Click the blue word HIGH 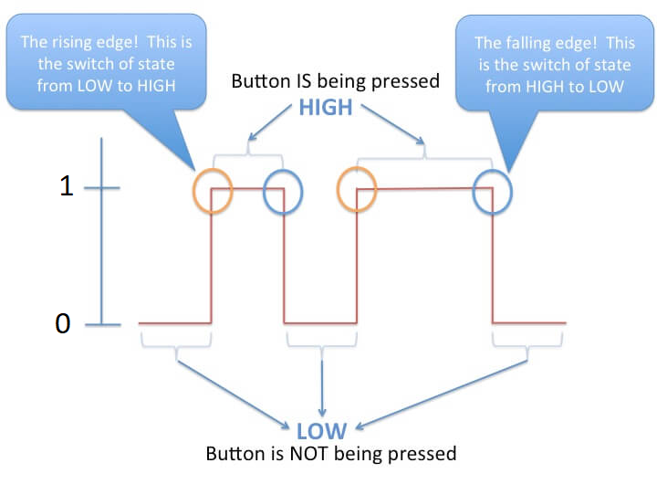[325, 107]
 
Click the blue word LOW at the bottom [320, 430]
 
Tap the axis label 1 [65, 187]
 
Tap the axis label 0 [62, 323]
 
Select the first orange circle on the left [213, 191]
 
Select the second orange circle [357, 191]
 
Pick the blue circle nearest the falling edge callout [493, 191]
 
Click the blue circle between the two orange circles [283, 193]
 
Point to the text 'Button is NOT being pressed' [330, 453]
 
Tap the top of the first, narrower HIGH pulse [247, 189]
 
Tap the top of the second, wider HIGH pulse [424, 189]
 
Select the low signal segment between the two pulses [320, 323]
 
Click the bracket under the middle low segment [320, 341]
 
